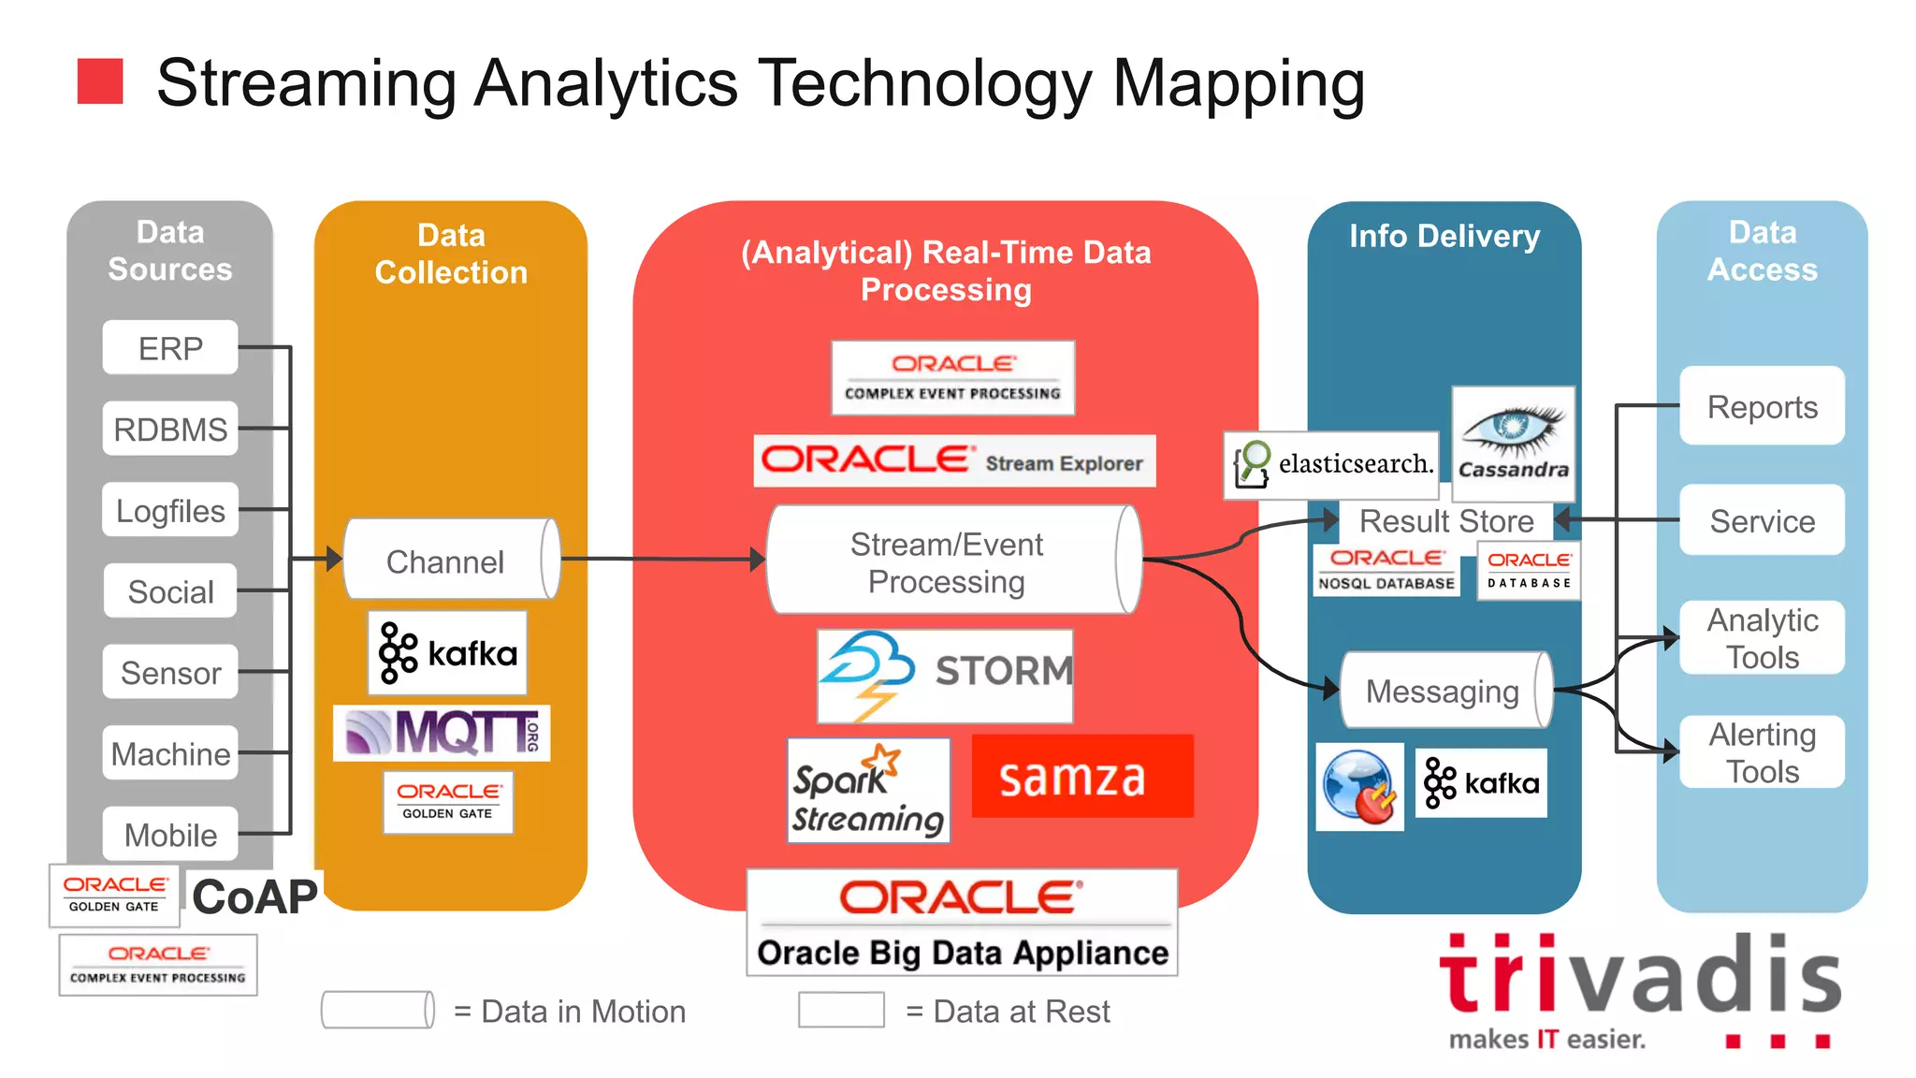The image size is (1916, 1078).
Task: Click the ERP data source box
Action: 169,348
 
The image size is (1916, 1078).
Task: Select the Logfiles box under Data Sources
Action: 169,510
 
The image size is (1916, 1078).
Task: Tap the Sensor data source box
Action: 169,672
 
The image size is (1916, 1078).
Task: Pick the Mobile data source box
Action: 169,834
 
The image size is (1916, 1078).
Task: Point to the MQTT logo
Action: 442,732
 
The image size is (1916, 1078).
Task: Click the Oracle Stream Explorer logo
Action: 954,460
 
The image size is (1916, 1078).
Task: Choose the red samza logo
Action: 1082,777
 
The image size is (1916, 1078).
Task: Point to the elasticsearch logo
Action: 1330,464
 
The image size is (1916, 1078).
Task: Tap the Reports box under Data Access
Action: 1762,406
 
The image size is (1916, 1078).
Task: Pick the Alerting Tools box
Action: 1762,752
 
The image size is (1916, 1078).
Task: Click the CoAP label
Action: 254,896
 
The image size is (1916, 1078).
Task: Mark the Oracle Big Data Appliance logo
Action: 962,923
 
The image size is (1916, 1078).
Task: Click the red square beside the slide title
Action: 100,81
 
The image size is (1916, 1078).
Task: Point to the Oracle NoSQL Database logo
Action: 1386,569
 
